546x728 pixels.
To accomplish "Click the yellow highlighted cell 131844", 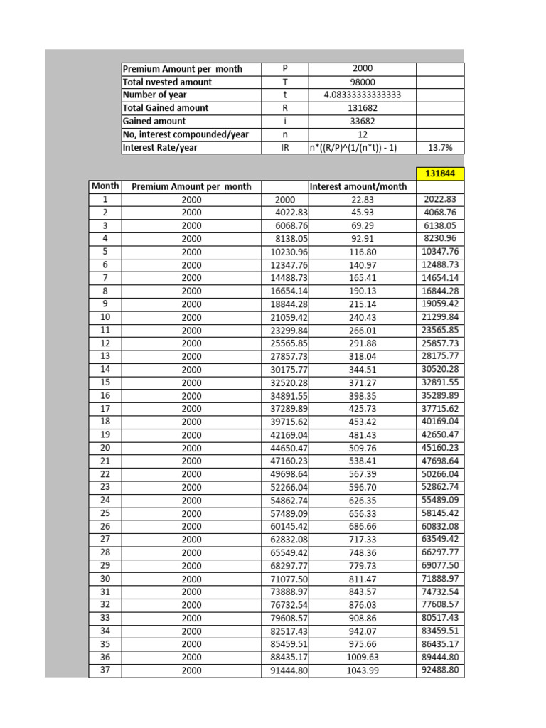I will coord(439,173).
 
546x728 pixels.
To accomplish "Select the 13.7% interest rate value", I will coord(439,148).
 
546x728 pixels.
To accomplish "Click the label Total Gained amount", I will coord(166,108).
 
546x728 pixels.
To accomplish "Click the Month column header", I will coord(105,186).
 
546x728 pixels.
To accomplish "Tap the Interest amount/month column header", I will coord(358,187).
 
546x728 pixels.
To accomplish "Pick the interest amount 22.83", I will coord(363,200).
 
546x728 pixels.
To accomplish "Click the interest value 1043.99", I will coord(363,670).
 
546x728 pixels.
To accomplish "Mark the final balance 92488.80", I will coord(440,670).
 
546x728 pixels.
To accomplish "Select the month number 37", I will coord(105,670).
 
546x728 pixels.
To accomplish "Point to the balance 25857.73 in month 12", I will coord(440,343).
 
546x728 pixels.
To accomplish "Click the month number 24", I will coord(105,500).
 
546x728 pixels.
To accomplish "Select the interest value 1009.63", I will coord(363,658).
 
